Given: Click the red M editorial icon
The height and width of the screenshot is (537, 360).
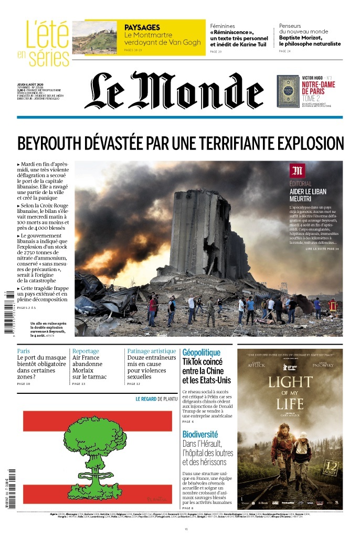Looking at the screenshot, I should pyautogui.click(x=297, y=170).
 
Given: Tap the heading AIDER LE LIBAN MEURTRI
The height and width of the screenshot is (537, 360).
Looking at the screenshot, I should pyautogui.click(x=308, y=195).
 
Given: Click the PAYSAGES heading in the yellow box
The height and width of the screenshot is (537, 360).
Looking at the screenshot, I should pyautogui.click(x=142, y=27).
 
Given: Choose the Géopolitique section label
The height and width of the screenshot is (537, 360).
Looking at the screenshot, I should pyautogui.click(x=201, y=352).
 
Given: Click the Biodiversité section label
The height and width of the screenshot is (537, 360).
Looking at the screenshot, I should pyautogui.click(x=200, y=434).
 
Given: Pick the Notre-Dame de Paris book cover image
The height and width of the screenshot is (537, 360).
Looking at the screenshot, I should pyautogui.click(x=288, y=91).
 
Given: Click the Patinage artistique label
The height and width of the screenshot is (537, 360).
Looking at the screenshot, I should pyautogui.click(x=152, y=351).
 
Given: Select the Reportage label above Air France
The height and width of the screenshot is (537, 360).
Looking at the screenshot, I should pyautogui.click(x=86, y=351).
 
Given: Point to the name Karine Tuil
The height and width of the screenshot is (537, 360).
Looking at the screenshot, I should pyautogui.click(x=250, y=44).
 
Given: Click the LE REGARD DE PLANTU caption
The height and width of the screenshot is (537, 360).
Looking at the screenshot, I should pyautogui.click(x=157, y=399).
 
